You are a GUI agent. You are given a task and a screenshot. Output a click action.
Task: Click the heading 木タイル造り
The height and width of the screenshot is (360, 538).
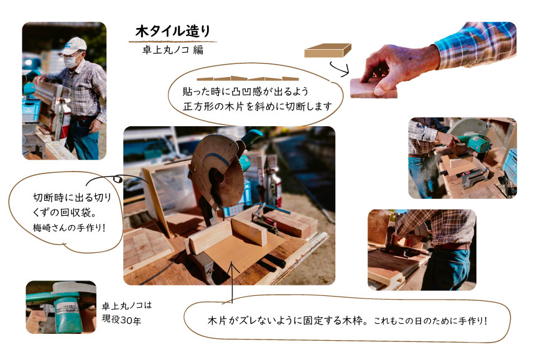(172, 31)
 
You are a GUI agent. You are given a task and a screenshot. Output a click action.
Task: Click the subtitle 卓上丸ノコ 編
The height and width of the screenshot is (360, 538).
(173, 50)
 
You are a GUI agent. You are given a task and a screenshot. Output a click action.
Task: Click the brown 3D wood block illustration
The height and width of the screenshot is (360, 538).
(327, 50)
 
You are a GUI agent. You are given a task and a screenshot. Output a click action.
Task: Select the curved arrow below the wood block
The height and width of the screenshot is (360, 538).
(340, 69)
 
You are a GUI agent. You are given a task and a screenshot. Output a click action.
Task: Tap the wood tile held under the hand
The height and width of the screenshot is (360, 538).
(373, 88)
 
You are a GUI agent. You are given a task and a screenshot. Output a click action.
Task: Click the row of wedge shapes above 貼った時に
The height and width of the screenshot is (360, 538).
(248, 78)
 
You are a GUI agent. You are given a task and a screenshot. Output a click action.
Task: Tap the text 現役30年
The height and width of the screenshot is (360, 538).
(121, 320)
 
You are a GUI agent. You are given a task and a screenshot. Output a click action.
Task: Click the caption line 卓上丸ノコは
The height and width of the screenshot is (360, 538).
(127, 305)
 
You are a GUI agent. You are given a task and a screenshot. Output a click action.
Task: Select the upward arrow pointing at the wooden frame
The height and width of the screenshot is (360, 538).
(232, 282)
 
